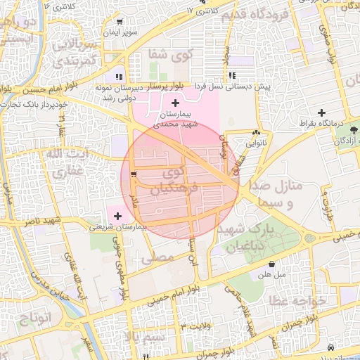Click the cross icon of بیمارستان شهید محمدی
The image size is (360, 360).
tap(175, 104)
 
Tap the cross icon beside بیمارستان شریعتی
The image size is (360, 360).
tap(117, 215)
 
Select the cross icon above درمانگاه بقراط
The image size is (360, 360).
tap(322, 112)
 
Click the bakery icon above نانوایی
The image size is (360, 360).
tap(256, 132)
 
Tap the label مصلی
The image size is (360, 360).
tap(156, 258)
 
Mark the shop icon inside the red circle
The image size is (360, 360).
tap(134, 173)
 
